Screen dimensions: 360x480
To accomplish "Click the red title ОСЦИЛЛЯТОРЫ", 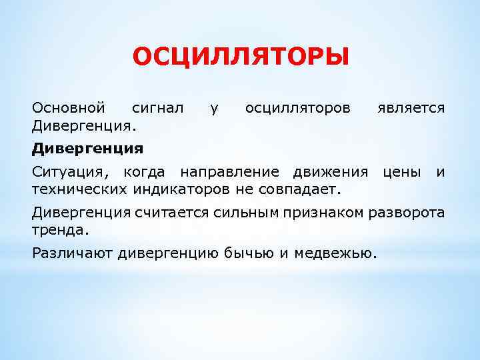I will (x=240, y=57).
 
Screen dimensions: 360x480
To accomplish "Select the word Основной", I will (x=69, y=107).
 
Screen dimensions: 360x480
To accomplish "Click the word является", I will (x=410, y=107).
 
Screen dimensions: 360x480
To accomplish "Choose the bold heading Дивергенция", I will (x=88, y=147).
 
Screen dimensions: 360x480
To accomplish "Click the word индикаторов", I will (x=175, y=189).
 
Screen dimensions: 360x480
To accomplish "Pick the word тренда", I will (x=59, y=229).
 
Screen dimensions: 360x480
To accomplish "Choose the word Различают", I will (x=73, y=253).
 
